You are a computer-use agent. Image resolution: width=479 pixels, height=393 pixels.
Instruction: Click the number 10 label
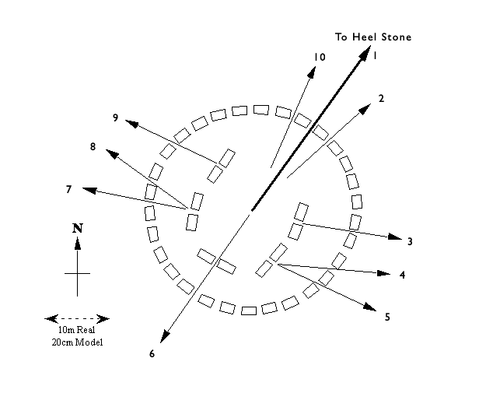(320, 57)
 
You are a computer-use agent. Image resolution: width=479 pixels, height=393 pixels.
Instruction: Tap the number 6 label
(152, 354)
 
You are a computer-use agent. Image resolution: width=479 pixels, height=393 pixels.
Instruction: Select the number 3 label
(410, 241)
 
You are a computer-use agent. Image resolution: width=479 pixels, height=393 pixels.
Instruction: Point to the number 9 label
(115, 118)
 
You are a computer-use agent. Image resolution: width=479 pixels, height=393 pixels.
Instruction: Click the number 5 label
(387, 318)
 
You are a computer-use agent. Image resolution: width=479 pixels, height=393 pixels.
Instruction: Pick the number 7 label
(68, 190)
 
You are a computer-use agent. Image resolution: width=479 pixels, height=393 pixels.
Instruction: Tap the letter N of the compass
(78, 228)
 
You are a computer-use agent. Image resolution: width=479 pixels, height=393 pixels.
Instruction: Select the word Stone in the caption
(397, 37)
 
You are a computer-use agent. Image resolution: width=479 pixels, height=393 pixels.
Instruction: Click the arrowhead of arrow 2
(365, 109)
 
